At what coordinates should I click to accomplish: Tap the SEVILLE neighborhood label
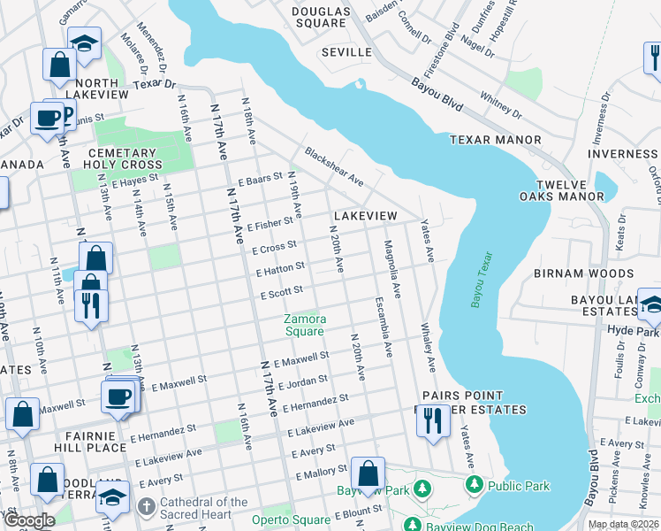pos(346,52)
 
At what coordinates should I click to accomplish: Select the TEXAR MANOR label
pos(495,140)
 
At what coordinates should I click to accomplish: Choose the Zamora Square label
pos(305,325)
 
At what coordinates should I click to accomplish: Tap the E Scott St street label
pos(282,290)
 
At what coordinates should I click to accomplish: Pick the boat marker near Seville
pos(361,85)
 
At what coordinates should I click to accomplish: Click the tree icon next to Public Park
pos(475,486)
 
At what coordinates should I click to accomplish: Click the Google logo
pos(29,520)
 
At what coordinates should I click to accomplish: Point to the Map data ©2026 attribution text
pos(623,524)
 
